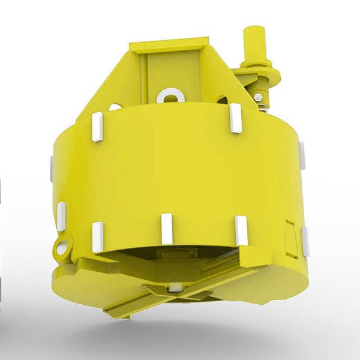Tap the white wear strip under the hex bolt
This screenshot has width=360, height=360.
click(235, 118)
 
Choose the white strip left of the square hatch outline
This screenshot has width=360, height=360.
click(241, 230)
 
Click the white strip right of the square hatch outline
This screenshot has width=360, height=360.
click(305, 239)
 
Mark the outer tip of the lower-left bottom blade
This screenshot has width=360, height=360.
click(108, 312)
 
